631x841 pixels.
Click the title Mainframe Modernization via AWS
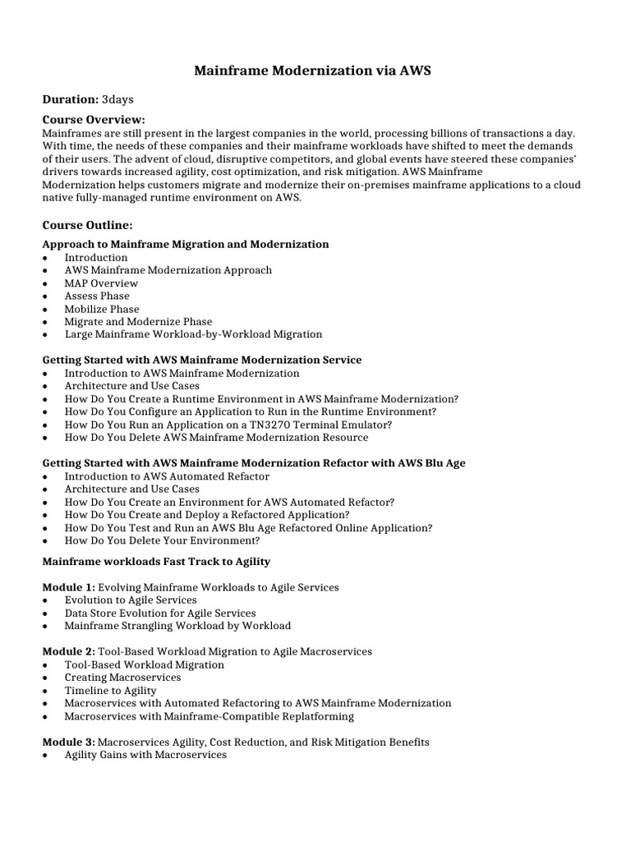click(x=312, y=71)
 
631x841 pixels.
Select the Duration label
click(x=70, y=99)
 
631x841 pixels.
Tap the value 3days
click(x=117, y=99)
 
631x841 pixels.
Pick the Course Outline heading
click(x=86, y=224)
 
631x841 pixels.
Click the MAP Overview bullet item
click(x=101, y=283)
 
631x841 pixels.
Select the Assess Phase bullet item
click(x=97, y=296)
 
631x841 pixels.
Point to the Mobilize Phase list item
click(x=102, y=309)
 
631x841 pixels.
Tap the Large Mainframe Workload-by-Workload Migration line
click(x=193, y=334)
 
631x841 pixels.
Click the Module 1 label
click(x=68, y=587)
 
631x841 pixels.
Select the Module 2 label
click(x=68, y=651)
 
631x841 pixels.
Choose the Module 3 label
click(x=68, y=742)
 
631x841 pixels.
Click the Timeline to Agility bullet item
click(x=110, y=691)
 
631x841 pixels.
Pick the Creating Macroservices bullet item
click(x=122, y=678)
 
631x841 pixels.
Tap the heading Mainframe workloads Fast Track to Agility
click(x=155, y=561)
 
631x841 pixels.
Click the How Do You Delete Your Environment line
click(x=162, y=540)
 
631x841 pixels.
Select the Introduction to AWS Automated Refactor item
click(x=167, y=476)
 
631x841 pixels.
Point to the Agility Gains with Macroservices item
click(x=145, y=754)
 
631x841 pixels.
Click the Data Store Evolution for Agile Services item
click(x=160, y=613)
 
